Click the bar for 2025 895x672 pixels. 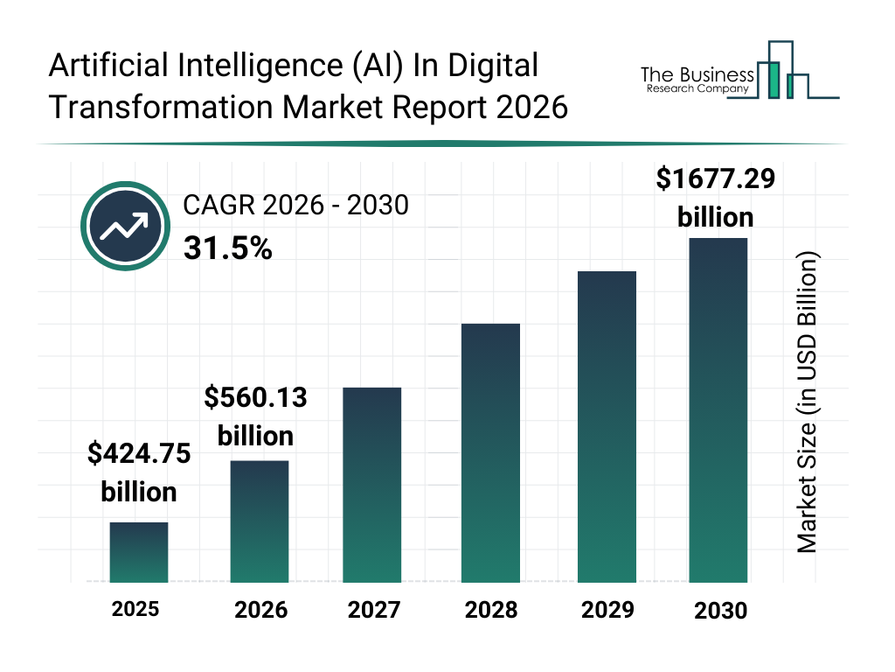click(139, 552)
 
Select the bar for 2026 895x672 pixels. click(260, 521)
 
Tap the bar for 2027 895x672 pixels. click(372, 485)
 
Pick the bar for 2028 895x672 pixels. click(490, 453)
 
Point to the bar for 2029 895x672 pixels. click(607, 427)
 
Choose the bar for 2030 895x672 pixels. click(718, 410)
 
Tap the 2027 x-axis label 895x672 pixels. click(373, 610)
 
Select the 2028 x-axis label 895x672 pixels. click(490, 610)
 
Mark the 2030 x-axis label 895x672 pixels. click(721, 611)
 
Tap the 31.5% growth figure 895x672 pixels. click(228, 249)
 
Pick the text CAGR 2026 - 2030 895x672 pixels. click(295, 206)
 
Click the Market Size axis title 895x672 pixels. click(807, 402)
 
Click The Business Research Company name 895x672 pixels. click(697, 80)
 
